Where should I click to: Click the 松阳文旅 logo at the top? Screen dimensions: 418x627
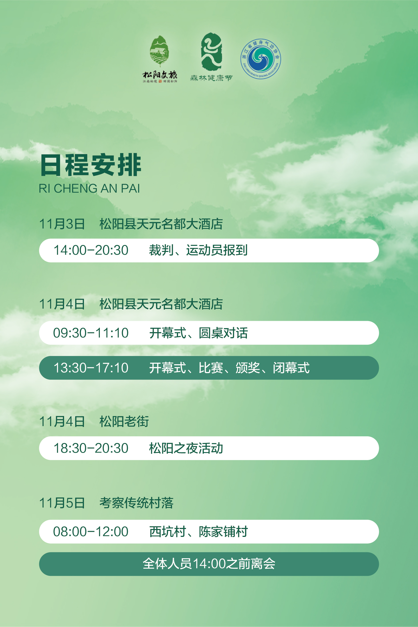click(160, 59)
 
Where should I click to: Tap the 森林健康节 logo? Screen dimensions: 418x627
click(211, 57)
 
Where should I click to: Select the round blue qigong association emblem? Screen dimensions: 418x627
click(261, 59)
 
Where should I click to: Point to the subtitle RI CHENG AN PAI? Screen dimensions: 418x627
click(89, 188)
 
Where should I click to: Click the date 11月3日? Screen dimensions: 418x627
click(62, 224)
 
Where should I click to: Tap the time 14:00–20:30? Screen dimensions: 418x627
click(91, 250)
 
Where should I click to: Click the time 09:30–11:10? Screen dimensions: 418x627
click(91, 333)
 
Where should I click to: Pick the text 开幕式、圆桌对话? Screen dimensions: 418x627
click(199, 333)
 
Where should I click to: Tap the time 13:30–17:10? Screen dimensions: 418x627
click(91, 368)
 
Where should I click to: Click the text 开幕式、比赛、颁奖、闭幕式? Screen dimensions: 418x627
click(229, 368)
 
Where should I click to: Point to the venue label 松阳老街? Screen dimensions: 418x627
click(124, 421)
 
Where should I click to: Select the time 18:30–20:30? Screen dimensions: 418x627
click(91, 448)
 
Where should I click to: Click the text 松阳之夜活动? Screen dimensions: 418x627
click(186, 448)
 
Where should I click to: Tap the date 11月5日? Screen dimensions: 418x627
click(62, 503)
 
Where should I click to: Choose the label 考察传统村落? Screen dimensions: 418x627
click(137, 503)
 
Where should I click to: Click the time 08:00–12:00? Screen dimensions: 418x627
click(91, 532)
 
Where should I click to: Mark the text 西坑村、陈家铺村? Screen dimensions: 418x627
click(199, 532)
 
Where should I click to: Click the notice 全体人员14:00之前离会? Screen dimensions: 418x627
click(209, 564)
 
